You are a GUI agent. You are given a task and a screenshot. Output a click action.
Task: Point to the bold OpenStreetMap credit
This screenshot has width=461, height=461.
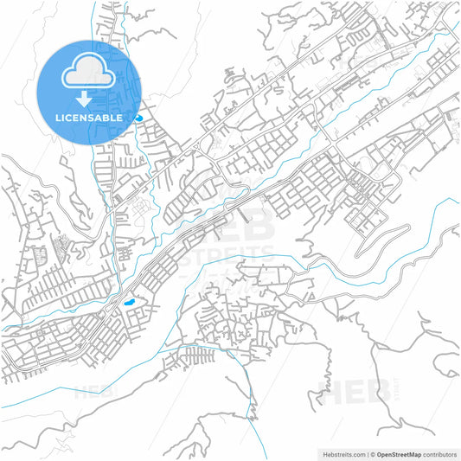[407, 453]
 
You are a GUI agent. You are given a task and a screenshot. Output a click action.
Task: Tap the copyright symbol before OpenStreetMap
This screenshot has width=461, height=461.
[374, 453]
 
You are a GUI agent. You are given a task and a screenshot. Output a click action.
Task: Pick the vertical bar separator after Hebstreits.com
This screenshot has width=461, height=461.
[367, 453]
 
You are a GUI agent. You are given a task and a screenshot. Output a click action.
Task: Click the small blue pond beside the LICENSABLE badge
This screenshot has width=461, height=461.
[138, 117]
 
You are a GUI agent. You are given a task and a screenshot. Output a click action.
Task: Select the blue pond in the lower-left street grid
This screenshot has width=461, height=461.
[129, 303]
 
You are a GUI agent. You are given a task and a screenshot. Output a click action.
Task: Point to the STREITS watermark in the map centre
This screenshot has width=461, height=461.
[234, 253]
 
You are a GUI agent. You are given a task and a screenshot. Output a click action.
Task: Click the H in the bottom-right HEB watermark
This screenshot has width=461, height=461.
[330, 391]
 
